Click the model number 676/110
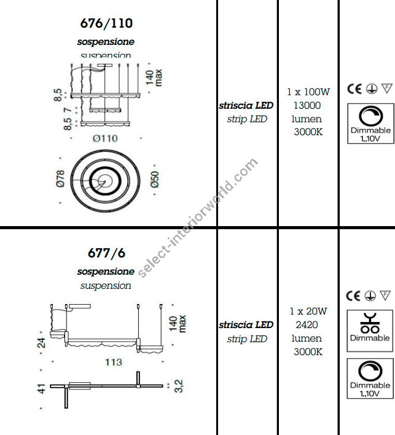106,24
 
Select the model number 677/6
106,253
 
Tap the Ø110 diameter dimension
105,138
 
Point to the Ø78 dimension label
60,178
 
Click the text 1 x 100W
308,92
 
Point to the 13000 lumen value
308,106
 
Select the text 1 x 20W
308,311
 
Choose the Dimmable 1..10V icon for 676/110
370,123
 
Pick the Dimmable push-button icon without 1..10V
370,327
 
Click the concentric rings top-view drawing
106,179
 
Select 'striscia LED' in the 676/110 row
246,106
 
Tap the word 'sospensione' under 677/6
106,271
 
